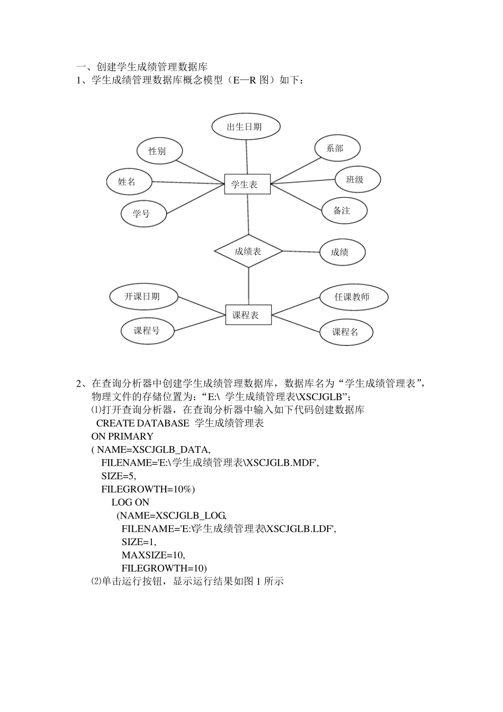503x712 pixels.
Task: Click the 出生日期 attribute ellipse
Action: (245, 127)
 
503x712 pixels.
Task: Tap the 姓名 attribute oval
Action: (129, 182)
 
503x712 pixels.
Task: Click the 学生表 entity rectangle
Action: (247, 184)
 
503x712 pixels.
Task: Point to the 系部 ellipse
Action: (337, 148)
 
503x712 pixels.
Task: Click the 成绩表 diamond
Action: (248, 251)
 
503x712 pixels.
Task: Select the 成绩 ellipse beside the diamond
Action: (342, 252)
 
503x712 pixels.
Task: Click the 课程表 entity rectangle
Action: (248, 315)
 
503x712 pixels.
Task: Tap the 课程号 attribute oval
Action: (147, 331)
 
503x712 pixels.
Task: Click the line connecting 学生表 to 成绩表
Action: (248, 215)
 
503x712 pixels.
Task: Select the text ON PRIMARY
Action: (122, 437)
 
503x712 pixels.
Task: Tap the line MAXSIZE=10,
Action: (153, 555)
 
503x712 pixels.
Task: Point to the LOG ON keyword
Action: (130, 502)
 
